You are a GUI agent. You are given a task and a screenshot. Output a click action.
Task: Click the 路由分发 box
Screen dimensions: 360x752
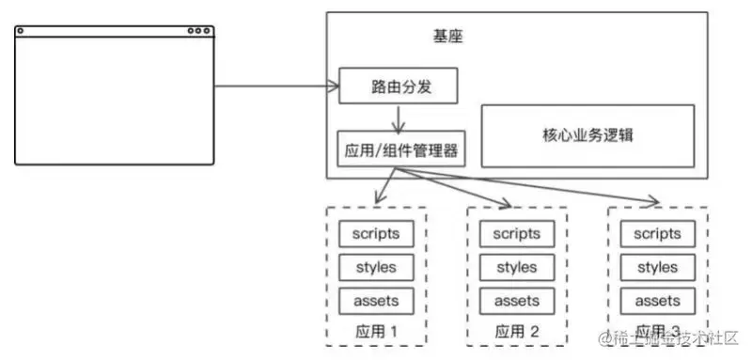[398, 87]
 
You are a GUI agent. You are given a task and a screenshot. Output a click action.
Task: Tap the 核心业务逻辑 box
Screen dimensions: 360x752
[587, 134]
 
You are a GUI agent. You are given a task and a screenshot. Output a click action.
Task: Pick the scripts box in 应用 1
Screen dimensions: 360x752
[375, 233]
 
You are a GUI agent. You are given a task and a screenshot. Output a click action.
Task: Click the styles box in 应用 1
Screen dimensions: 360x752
[375, 267]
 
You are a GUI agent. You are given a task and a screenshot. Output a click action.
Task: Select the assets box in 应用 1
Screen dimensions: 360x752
[375, 301]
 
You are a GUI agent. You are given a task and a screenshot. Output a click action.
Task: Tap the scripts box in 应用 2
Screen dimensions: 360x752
[516, 233]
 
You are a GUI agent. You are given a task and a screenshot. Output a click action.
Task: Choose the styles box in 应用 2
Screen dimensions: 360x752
[516, 267]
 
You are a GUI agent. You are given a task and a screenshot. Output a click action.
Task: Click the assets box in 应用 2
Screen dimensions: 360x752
[516, 301]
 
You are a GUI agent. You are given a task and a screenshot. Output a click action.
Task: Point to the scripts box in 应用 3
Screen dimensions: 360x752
[657, 233]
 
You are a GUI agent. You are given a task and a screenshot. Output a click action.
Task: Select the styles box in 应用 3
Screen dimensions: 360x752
[657, 267]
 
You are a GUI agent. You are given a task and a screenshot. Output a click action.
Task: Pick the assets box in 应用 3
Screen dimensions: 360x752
[657, 301]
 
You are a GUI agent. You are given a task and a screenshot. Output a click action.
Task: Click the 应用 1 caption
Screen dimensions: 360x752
[375, 331]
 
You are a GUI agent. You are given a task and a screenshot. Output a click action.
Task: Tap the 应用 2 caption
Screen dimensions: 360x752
[516, 331]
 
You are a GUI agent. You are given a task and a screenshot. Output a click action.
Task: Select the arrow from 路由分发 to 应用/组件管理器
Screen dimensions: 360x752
[399, 117]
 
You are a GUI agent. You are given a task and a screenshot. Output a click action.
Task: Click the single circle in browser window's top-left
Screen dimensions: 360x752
[21, 31]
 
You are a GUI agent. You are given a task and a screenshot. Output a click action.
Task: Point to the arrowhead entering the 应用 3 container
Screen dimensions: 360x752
[653, 201]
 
